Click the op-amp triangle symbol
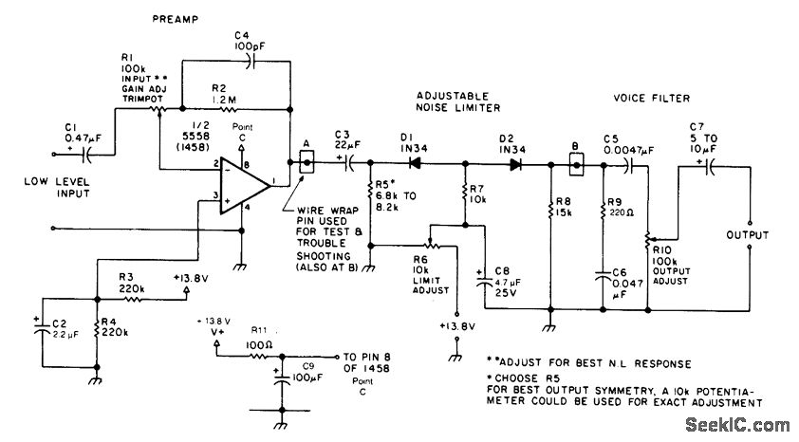(x=244, y=185)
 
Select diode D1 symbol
(x=415, y=163)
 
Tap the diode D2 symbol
(x=515, y=164)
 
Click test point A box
(x=307, y=163)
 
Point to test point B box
(x=576, y=165)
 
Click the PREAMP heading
(x=176, y=19)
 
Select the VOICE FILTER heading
(x=651, y=98)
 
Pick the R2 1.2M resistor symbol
(x=227, y=109)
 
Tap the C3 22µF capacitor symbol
(x=349, y=163)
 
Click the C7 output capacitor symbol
(x=709, y=167)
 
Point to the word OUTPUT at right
(x=747, y=234)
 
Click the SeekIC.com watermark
(x=736, y=425)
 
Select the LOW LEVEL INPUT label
(x=57, y=188)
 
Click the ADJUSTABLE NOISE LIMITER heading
(x=458, y=101)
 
